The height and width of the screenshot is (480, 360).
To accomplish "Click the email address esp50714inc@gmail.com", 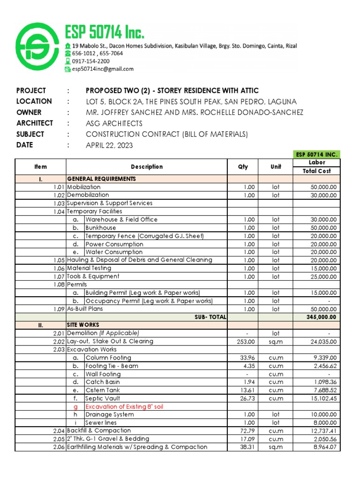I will pos(102,69).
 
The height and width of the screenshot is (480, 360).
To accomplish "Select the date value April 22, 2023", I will pos(109,145).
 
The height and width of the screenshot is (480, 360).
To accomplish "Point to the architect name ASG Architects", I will pos(114,123).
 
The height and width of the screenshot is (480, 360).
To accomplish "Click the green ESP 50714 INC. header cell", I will pos(317,154).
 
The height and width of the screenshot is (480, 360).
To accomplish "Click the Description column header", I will pos(147,166).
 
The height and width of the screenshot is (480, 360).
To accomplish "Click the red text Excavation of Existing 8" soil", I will pos(124,406).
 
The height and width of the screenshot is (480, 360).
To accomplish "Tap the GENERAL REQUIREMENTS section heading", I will pos(102,179).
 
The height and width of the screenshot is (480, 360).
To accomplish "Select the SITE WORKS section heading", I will pos(83,325).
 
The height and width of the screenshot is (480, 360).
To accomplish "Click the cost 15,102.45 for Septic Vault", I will pos(325,398).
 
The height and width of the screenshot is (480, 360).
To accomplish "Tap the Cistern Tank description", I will pos(103,390).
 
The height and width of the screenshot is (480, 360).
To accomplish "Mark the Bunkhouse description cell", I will pos(100,228).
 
